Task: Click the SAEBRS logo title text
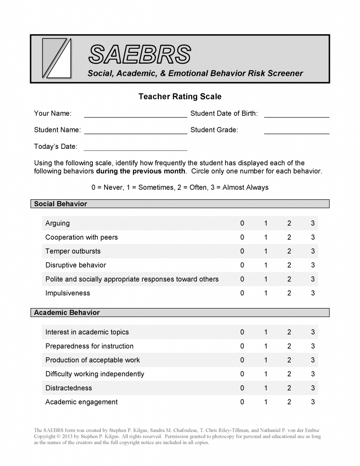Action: click(x=139, y=55)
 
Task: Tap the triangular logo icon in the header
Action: click(x=56, y=58)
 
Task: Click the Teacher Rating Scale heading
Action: click(x=180, y=96)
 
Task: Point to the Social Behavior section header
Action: click(x=61, y=204)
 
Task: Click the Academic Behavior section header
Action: click(x=67, y=313)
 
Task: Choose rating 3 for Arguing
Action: click(x=313, y=223)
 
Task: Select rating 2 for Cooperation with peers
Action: click(x=289, y=237)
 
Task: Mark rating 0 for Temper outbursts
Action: click(x=242, y=251)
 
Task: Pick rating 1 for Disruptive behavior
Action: click(x=266, y=265)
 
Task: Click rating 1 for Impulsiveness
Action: click(x=266, y=293)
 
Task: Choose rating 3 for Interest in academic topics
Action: click(x=313, y=332)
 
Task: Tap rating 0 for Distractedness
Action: click(x=242, y=388)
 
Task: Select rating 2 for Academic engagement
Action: click(x=289, y=402)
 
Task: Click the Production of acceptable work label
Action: click(x=93, y=360)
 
